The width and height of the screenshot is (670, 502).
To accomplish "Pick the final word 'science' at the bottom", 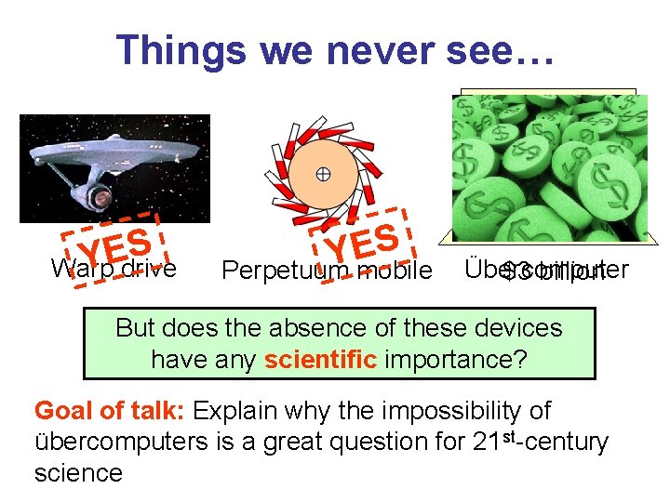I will pos(78,472).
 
